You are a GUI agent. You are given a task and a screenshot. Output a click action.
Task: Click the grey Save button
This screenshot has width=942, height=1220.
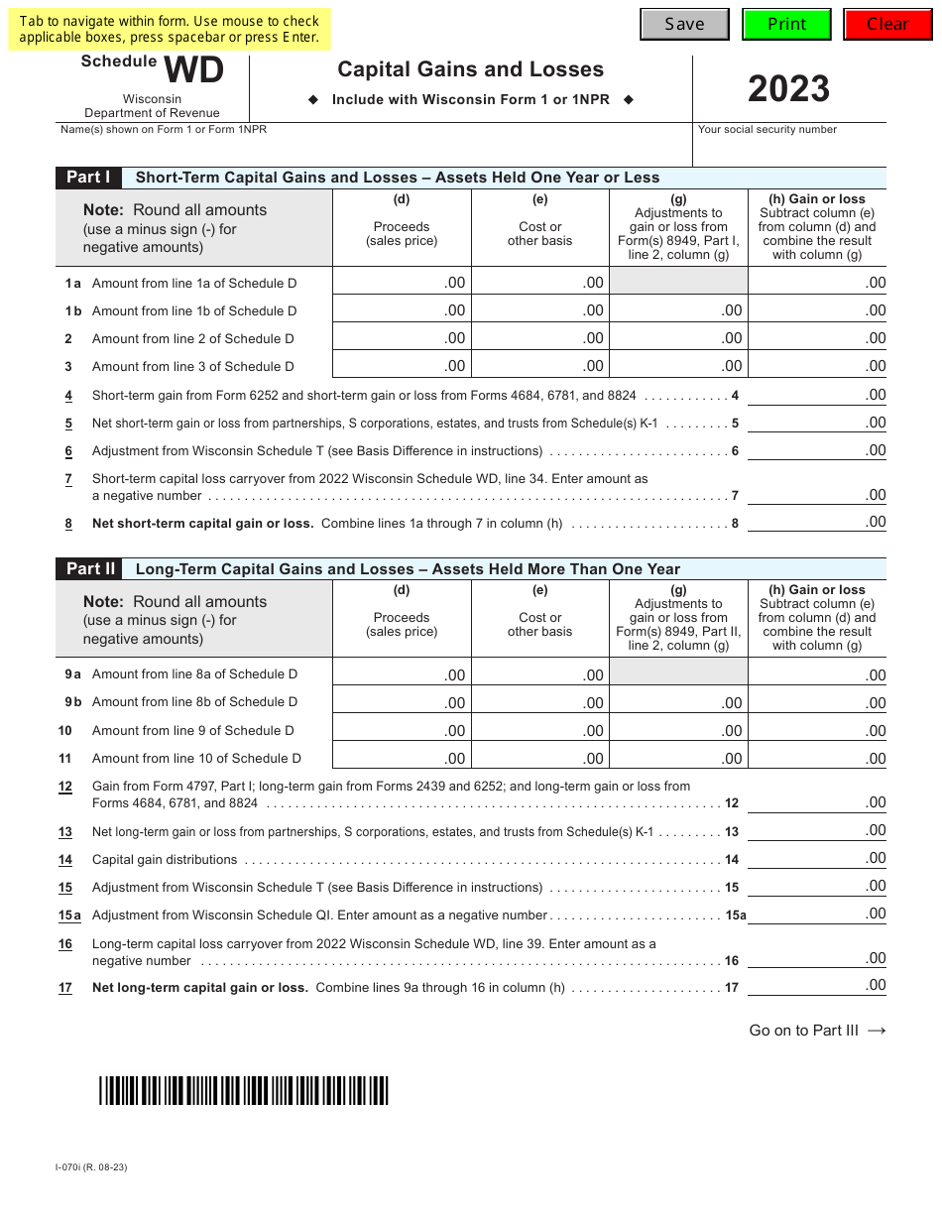coord(684,24)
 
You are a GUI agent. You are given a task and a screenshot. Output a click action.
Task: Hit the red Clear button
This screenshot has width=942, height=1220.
coord(887,24)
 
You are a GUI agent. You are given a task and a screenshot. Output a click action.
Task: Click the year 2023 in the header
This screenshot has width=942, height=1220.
coord(788,89)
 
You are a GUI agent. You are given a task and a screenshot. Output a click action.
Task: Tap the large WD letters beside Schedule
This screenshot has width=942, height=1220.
coord(193,71)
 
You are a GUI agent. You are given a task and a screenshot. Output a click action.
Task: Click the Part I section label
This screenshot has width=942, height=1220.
coord(88,178)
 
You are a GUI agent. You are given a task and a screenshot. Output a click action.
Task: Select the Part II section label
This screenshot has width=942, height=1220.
coord(90,568)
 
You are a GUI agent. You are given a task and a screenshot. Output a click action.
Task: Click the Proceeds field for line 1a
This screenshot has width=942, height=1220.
coord(402,282)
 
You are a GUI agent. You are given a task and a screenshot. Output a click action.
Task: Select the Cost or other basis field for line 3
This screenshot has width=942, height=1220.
coord(539,365)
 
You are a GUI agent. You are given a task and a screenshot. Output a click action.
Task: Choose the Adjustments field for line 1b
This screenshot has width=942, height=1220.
coord(678,309)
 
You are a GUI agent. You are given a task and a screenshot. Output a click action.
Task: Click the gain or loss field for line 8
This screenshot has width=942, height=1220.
coord(817,522)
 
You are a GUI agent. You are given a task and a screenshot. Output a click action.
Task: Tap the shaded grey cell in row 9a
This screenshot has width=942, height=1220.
coord(678,672)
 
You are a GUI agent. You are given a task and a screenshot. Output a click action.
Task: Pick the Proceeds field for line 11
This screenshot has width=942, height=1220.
coord(402,757)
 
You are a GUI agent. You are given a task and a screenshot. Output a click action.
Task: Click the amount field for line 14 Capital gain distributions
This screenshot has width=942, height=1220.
coord(817,858)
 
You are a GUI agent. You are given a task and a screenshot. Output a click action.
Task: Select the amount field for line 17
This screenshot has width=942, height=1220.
coord(817,985)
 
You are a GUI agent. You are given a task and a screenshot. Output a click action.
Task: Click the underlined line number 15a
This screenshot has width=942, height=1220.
coord(69,915)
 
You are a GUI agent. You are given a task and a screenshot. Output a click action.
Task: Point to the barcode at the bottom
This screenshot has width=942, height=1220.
coord(243,1090)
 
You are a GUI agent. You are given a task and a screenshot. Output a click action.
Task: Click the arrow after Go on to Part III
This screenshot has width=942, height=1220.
coord(877,1031)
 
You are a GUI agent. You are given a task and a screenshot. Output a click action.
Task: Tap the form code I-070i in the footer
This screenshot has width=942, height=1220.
coord(91,1166)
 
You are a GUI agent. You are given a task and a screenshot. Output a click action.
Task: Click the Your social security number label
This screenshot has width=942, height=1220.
coord(767,130)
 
